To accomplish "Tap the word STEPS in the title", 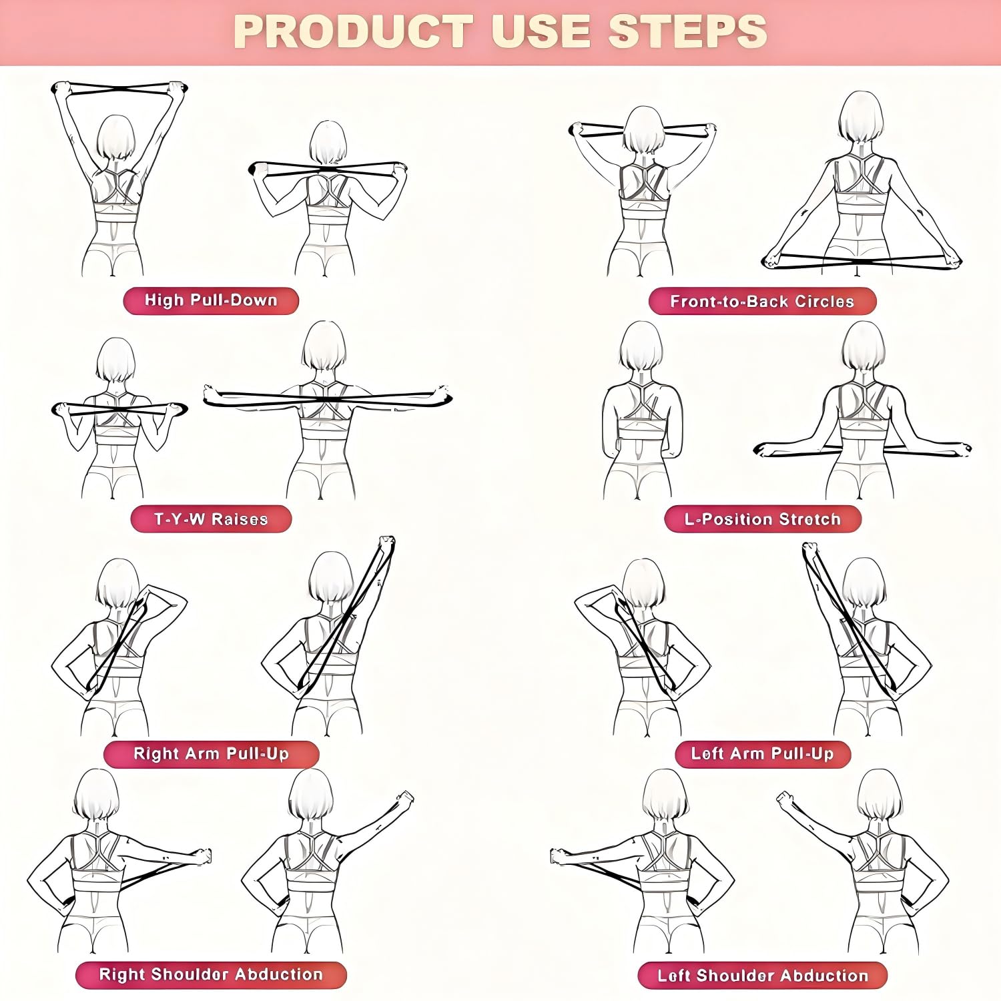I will (687, 31).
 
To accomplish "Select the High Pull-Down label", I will (211, 300).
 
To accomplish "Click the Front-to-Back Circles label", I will (762, 302).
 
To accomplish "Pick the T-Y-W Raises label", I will (211, 519).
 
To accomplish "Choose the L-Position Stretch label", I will (763, 519).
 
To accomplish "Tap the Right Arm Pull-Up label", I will (211, 754).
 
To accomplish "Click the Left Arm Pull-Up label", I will (763, 754).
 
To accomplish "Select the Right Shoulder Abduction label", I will (211, 975).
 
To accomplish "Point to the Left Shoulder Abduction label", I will (763, 976).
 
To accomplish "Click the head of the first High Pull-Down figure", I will (115, 137).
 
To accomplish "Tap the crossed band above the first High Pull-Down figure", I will (119, 90).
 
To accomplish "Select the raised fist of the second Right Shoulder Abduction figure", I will (404, 798).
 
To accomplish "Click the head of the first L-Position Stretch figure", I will (641, 345).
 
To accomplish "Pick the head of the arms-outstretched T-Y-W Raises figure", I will (324, 345).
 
